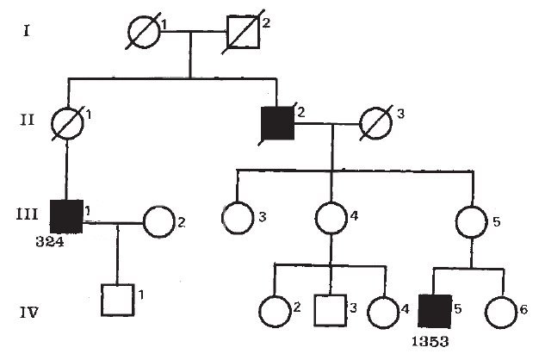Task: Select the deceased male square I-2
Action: pyautogui.click(x=242, y=35)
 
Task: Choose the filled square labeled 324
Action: pyautogui.click(x=67, y=215)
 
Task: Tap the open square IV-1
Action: pyautogui.click(x=117, y=300)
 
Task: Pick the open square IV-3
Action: pyautogui.click(x=330, y=307)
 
